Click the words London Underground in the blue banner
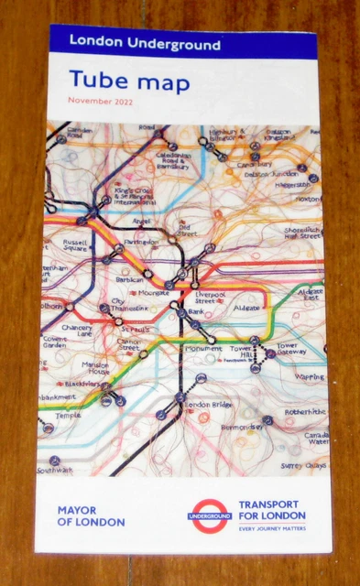click(x=145, y=44)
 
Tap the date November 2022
click(x=100, y=100)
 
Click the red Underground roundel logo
click(x=209, y=516)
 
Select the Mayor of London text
click(x=91, y=515)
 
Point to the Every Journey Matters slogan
click(x=273, y=528)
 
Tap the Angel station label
click(x=141, y=221)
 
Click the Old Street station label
click(x=189, y=231)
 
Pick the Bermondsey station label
click(x=242, y=427)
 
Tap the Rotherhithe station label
click(x=303, y=412)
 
